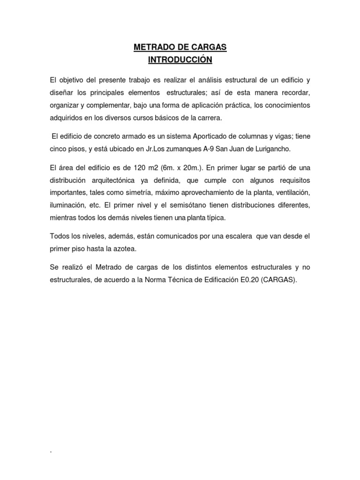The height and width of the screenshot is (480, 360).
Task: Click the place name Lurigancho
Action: pyautogui.click(x=275, y=148)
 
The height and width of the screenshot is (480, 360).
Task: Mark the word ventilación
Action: pyautogui.click(x=290, y=193)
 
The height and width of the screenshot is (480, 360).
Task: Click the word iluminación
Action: pyautogui.click(x=68, y=205)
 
